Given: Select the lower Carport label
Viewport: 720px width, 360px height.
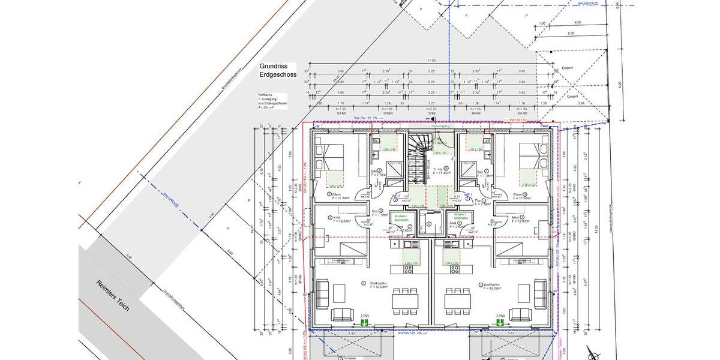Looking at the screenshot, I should (x=572, y=96).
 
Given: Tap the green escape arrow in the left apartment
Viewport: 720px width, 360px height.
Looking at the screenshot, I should (x=364, y=323).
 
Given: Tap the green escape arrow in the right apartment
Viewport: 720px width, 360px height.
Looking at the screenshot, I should (x=499, y=323).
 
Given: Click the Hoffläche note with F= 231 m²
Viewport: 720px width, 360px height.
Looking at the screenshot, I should (x=272, y=101).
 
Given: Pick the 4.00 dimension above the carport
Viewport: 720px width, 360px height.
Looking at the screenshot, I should (x=578, y=22).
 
